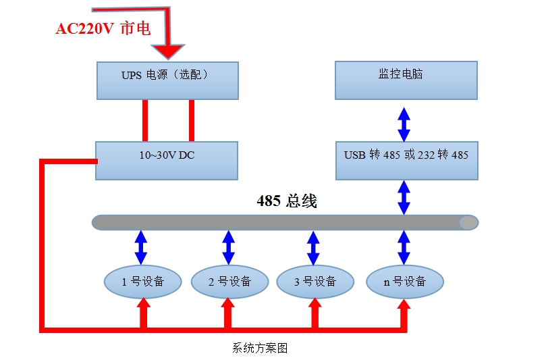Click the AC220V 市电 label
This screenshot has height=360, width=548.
click(x=103, y=29)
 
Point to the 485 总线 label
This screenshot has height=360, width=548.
click(x=287, y=201)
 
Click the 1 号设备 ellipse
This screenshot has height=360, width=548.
click(x=142, y=282)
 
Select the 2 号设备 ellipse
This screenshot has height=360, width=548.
click(x=229, y=282)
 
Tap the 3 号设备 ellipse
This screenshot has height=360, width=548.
click(x=315, y=282)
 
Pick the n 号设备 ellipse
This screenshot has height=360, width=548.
click(x=405, y=282)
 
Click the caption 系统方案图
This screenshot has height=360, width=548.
click(x=260, y=349)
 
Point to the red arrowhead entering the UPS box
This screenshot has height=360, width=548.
click(x=167, y=51)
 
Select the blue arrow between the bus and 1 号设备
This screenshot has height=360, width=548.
click(x=141, y=247)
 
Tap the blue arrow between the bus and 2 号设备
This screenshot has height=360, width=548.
click(x=229, y=247)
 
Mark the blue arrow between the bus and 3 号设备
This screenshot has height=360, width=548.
click(x=313, y=247)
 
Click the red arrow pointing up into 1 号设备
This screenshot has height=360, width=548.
click(x=143, y=314)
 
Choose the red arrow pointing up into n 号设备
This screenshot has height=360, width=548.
click(x=404, y=314)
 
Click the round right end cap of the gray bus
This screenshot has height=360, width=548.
click(x=468, y=222)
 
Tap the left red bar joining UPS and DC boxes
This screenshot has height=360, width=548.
click(x=144, y=121)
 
